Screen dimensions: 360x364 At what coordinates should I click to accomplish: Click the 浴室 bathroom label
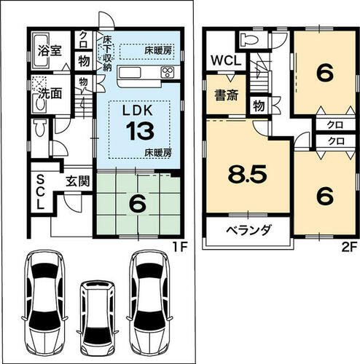(x=50, y=50)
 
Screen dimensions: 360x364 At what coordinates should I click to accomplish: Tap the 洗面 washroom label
(x=50, y=93)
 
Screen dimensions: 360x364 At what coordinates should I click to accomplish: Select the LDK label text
(x=138, y=111)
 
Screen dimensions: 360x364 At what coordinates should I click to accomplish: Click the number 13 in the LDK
(x=141, y=131)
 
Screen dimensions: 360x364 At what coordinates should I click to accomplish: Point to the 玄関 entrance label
(x=78, y=181)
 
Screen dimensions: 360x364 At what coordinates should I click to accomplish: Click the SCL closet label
(x=41, y=193)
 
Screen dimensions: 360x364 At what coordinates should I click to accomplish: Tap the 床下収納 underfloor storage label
(x=107, y=53)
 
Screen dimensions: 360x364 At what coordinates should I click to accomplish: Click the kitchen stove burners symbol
(x=168, y=72)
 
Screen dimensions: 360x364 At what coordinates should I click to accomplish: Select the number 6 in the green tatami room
(x=138, y=203)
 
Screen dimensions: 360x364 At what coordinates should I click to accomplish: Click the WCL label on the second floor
(x=226, y=60)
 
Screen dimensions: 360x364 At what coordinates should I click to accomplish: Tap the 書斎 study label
(x=227, y=95)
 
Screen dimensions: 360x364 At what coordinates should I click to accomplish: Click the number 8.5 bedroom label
(x=247, y=174)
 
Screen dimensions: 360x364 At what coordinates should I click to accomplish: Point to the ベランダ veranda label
(x=249, y=230)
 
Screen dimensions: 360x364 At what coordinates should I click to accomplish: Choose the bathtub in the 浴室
(x=42, y=51)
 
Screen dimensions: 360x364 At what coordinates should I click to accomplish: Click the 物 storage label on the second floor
(x=259, y=106)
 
